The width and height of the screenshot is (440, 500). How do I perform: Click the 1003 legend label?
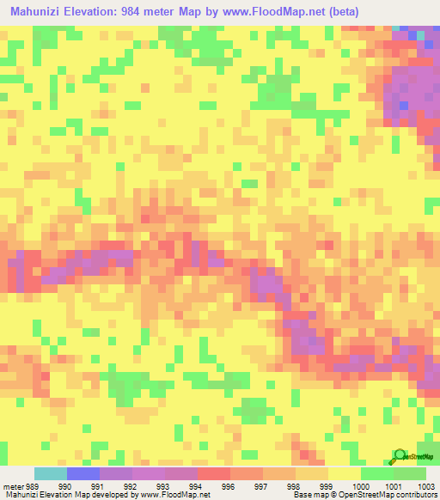pyautogui.click(x=427, y=486)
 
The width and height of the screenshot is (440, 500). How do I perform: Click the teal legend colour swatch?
pyautogui.click(x=51, y=474)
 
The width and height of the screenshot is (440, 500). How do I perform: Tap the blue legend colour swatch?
pyautogui.click(x=83, y=474)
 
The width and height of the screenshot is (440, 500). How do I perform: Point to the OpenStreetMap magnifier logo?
pyautogui.click(x=401, y=455)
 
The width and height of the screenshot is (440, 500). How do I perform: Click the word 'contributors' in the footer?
pyautogui.click(x=416, y=496)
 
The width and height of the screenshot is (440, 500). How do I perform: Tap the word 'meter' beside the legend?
pyautogui.click(x=13, y=486)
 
